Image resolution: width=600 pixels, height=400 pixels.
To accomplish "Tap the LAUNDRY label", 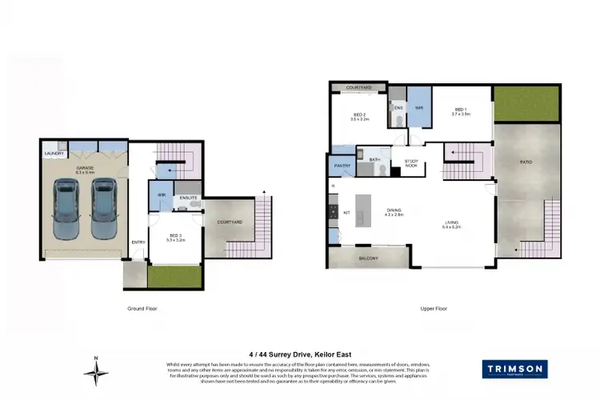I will (x=54, y=154).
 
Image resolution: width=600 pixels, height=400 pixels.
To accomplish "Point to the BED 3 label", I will (x=174, y=236).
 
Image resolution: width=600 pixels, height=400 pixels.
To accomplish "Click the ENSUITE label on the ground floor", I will (x=189, y=197).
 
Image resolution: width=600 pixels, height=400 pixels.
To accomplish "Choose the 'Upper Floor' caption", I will (x=433, y=308).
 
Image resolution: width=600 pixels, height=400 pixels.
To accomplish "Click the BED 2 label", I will (x=360, y=115).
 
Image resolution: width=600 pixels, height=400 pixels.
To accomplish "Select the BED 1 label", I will (x=462, y=111).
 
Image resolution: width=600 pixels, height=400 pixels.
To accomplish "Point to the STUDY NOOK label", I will (x=411, y=163).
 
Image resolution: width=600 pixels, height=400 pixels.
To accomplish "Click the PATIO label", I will (x=526, y=162).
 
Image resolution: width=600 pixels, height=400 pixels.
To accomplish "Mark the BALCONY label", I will (x=368, y=258).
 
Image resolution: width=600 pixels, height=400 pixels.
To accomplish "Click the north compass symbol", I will (x=96, y=370).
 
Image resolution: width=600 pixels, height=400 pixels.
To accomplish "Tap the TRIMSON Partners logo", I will (x=514, y=369).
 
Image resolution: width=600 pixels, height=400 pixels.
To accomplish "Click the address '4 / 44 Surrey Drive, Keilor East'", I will (x=300, y=354).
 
